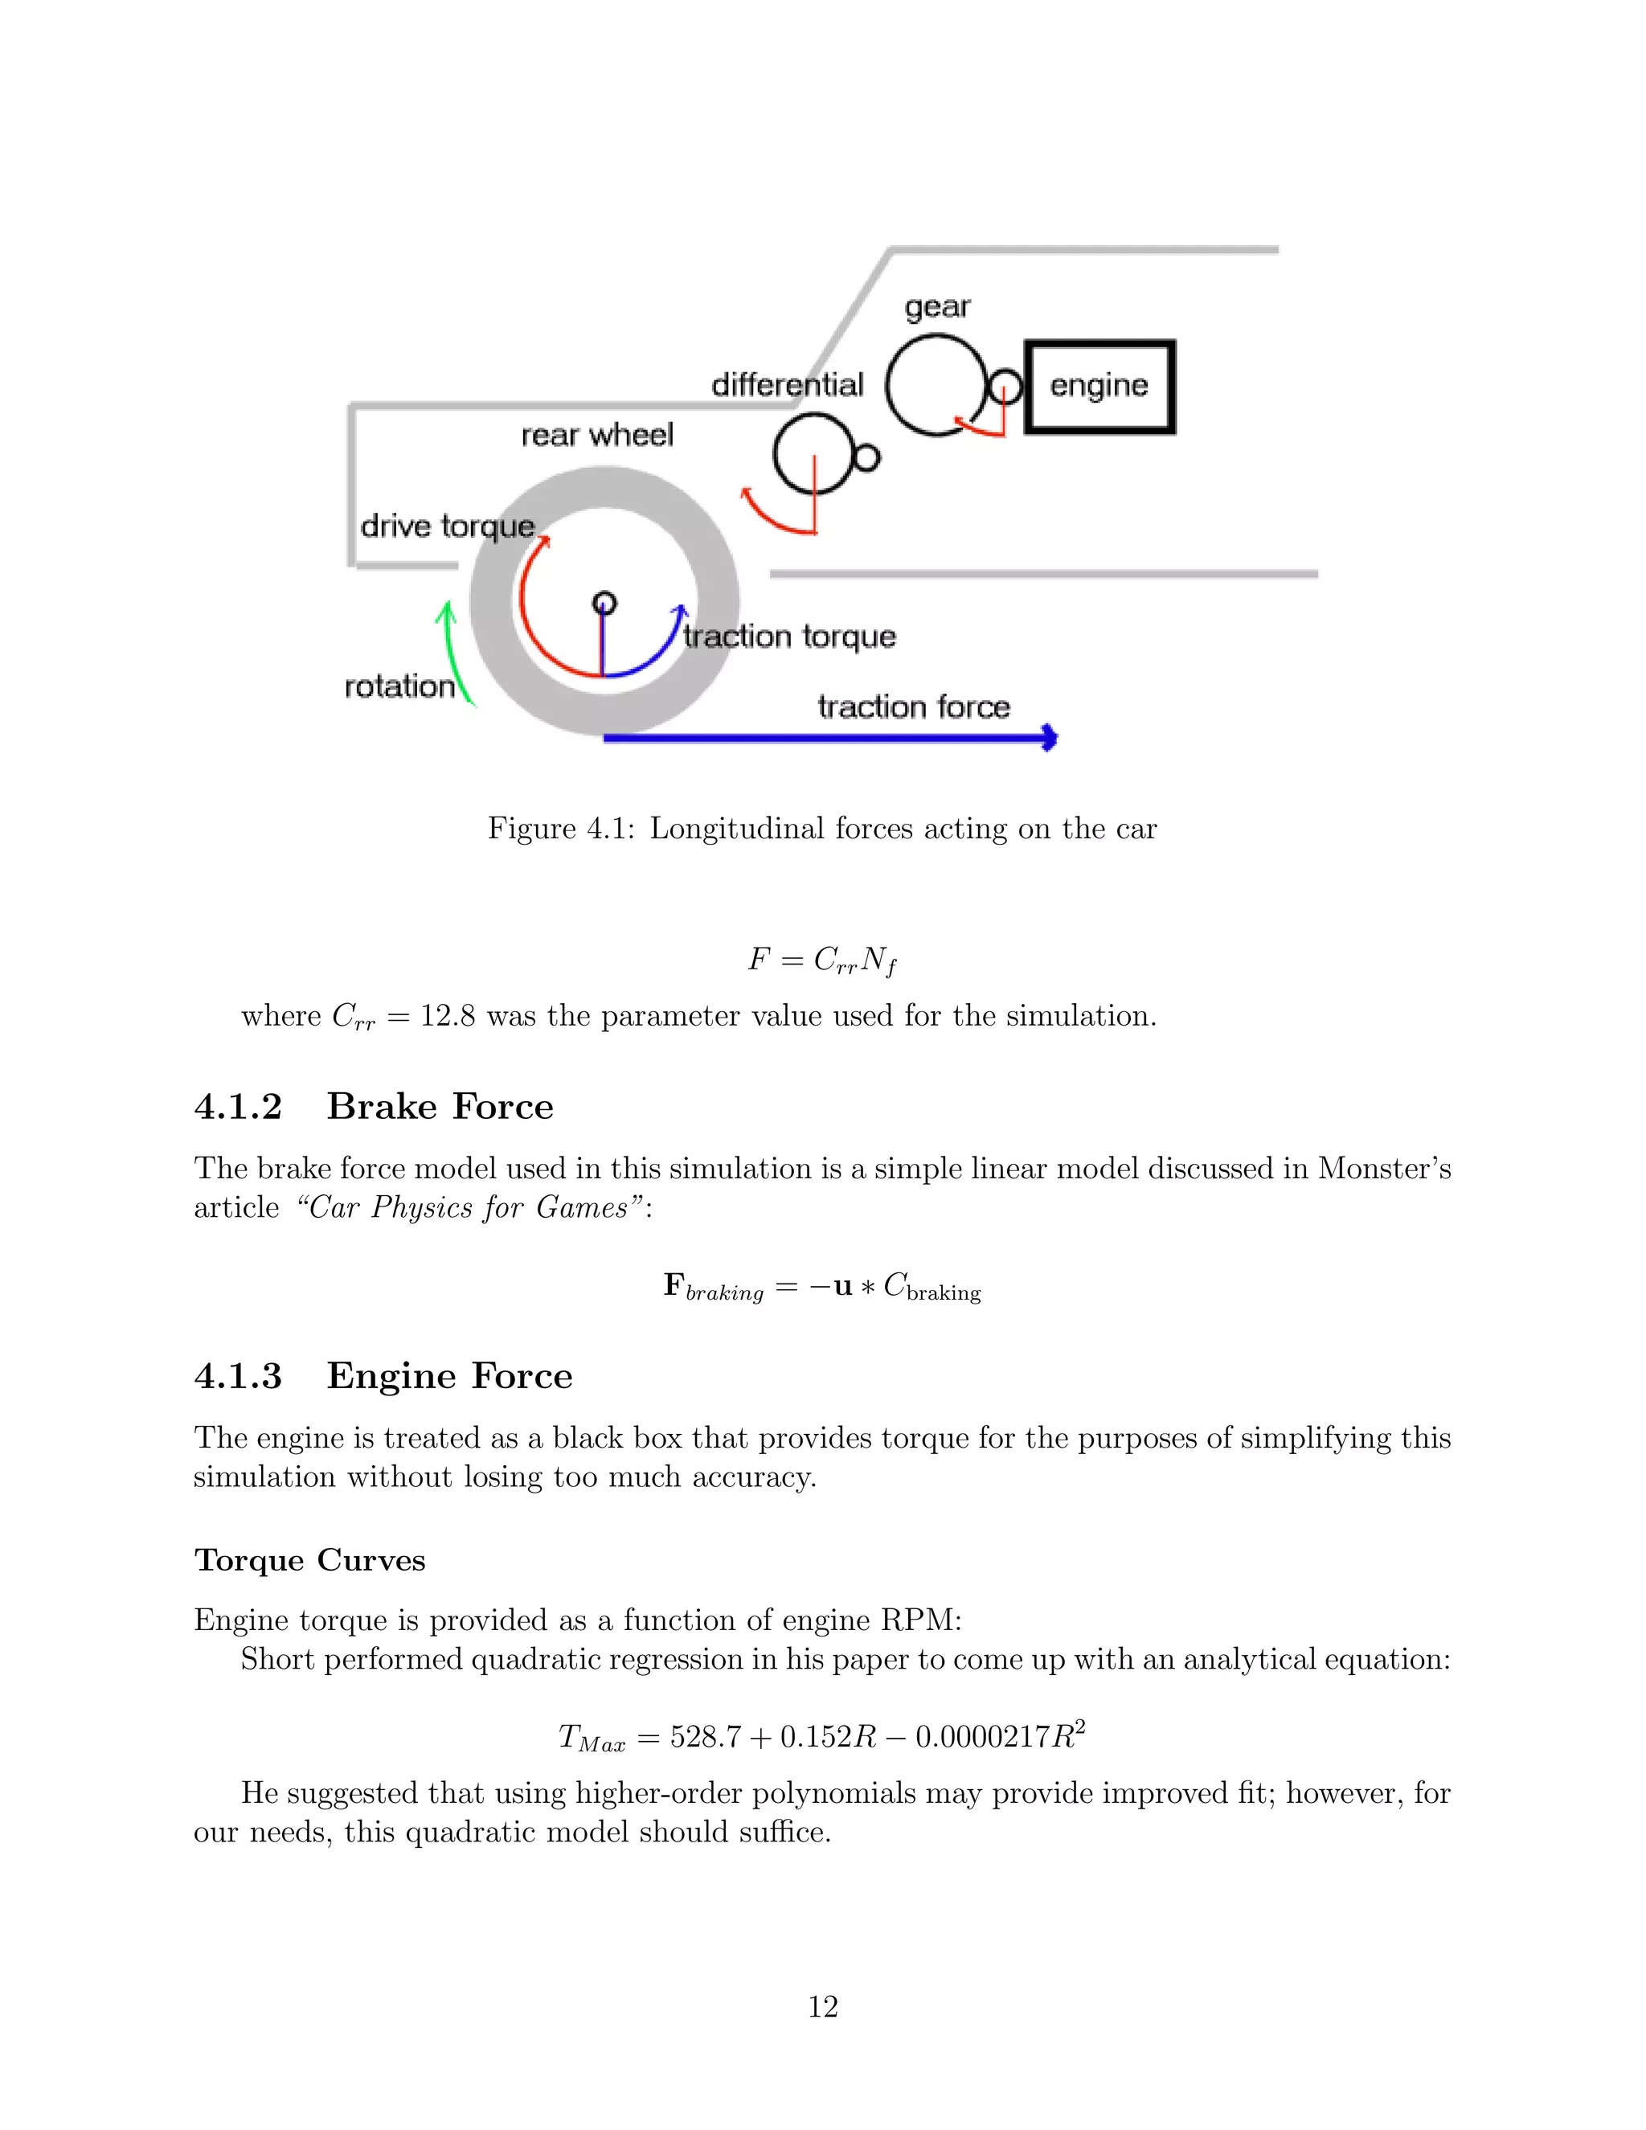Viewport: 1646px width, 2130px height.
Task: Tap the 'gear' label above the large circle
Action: click(937, 308)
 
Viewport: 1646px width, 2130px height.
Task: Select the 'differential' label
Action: click(787, 385)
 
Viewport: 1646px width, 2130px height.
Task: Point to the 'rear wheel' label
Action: click(597, 435)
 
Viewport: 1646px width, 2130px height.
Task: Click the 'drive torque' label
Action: click(448, 526)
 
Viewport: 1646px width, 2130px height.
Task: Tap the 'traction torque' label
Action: click(789, 637)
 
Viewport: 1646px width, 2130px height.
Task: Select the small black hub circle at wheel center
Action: click(604, 603)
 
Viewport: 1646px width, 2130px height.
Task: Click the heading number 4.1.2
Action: click(238, 1107)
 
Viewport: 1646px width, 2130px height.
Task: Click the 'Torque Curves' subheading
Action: click(310, 1559)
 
